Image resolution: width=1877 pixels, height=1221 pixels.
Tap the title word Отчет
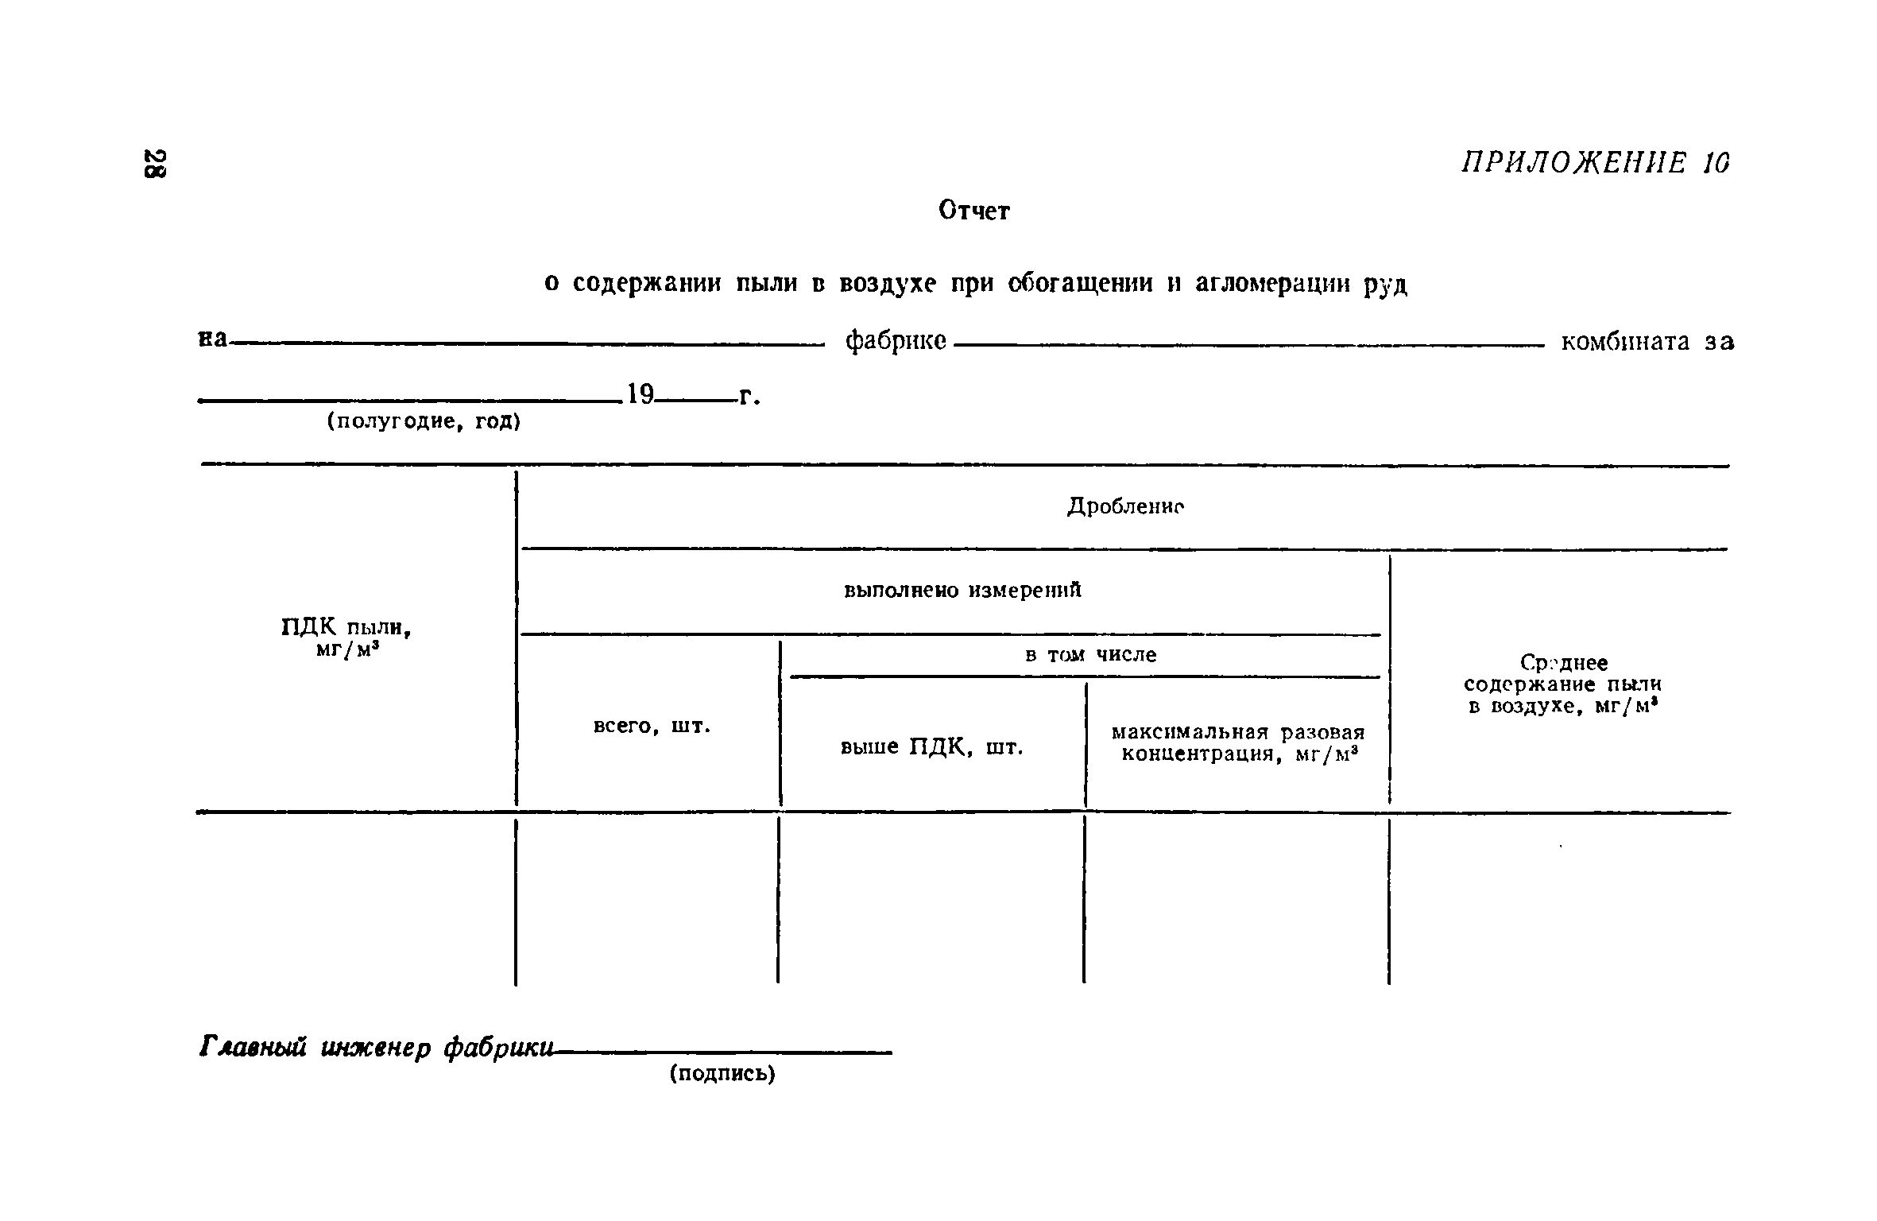pos(973,211)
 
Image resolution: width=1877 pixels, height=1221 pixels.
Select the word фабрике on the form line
pos(896,342)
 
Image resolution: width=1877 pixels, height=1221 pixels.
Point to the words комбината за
pos(1647,342)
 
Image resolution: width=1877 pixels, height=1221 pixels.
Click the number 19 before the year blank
pos(640,393)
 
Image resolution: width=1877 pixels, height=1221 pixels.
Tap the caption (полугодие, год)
pos(424,421)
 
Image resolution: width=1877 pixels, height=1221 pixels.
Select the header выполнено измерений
pos(962,591)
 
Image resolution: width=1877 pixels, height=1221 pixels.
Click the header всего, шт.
pos(652,726)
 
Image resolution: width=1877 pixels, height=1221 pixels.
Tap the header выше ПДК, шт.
pos(931,747)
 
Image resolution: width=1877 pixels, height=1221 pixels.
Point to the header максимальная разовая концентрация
pos(1237,742)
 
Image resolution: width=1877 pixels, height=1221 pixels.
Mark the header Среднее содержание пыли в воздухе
pos(1562,684)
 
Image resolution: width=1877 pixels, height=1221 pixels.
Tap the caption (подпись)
pos(722,1074)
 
